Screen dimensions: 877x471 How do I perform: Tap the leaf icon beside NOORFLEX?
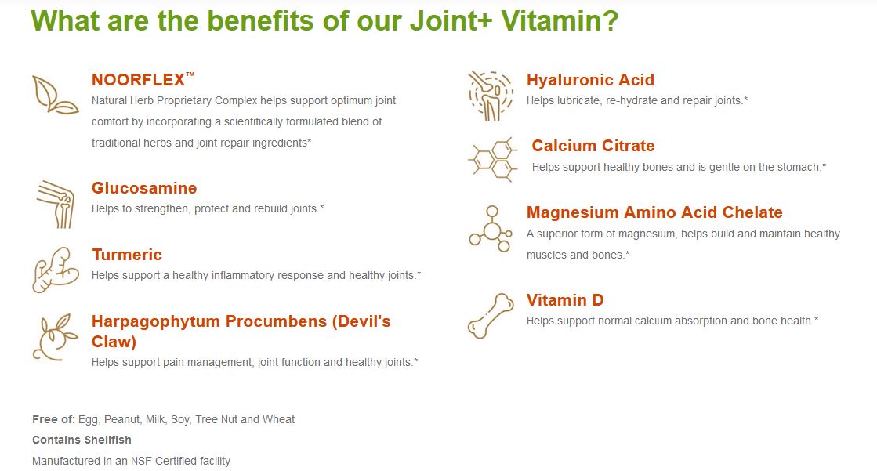click(55, 95)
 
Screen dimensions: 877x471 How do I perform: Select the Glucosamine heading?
click(144, 188)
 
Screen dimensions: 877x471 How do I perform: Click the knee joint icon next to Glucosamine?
click(56, 205)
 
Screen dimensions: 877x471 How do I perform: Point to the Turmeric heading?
click(127, 255)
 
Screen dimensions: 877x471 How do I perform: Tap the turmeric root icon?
click(55, 270)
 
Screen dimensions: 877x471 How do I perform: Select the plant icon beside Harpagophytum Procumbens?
click(55, 337)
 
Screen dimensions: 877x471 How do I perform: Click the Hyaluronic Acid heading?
click(590, 80)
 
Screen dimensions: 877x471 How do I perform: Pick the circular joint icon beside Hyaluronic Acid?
click(491, 96)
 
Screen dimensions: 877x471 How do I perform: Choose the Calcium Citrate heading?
click(593, 146)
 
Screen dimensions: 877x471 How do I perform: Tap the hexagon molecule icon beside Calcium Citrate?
click(493, 159)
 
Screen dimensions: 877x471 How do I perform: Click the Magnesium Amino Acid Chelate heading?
click(654, 212)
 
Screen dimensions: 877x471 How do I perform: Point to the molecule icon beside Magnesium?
click(491, 229)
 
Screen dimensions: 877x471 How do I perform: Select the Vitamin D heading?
click(565, 300)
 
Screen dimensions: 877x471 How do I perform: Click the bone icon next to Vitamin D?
click(491, 316)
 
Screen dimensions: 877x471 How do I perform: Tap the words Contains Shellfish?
click(82, 440)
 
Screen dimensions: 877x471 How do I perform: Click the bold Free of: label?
click(54, 419)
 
